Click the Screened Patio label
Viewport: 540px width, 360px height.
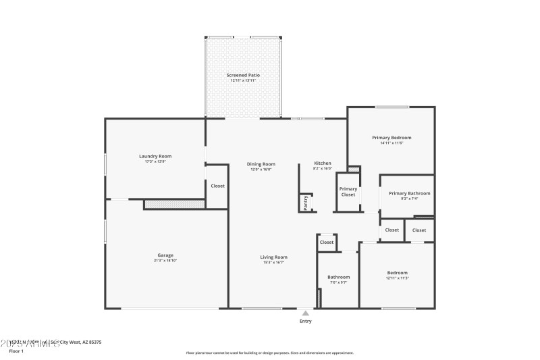244,75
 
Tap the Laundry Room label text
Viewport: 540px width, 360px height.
155,156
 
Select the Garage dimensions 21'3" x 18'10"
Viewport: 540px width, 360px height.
165,260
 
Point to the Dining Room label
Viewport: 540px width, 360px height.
261,163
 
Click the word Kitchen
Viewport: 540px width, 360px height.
323,163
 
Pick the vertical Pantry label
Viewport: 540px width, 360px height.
306,203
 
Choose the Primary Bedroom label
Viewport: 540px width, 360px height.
391,137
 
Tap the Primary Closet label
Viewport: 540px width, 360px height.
348,192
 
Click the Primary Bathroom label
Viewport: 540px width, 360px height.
410,193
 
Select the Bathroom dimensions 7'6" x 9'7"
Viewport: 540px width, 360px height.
338,282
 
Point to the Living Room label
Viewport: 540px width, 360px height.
275,257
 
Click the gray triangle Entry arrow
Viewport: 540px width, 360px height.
305,313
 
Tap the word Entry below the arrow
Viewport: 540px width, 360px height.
305,322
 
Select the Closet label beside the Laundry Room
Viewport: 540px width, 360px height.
217,186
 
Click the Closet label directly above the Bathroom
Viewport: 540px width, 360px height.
327,242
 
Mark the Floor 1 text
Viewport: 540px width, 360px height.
16,351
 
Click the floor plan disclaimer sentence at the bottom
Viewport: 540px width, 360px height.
269,353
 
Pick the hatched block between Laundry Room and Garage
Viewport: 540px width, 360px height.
174,203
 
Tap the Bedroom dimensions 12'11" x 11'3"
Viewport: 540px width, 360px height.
397,278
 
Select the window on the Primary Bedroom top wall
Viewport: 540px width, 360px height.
391,107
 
